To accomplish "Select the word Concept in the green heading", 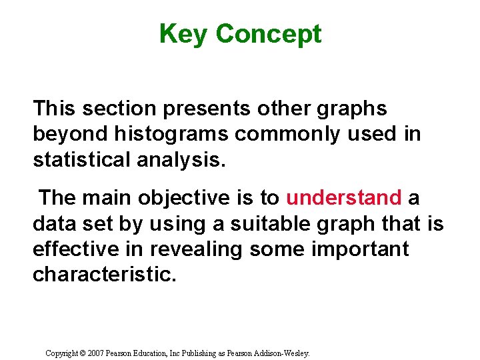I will (269, 34).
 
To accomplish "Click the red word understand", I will (344, 198).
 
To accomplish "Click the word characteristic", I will (105, 274).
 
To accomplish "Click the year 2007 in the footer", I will (97, 353).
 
